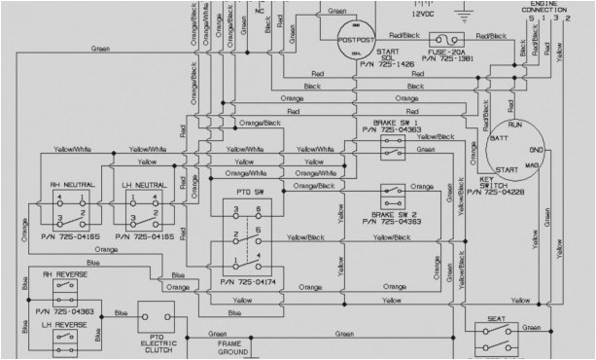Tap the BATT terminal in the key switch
[x=498, y=141]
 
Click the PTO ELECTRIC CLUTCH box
[x=155, y=323]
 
